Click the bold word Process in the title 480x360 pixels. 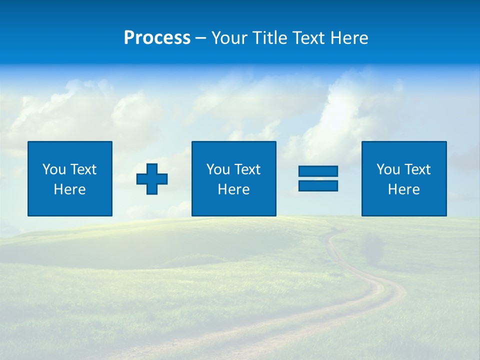click(x=157, y=38)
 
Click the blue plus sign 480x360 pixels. click(x=152, y=179)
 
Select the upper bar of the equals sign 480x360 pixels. click(x=318, y=171)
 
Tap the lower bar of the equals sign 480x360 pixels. click(x=318, y=185)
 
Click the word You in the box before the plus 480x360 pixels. click(x=54, y=169)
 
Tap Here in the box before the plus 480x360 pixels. click(x=70, y=189)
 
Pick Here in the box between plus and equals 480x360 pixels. click(x=233, y=189)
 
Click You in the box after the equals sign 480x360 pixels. click(x=388, y=169)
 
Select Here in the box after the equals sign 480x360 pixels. click(x=404, y=189)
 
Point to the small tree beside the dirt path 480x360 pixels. click(x=372, y=248)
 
